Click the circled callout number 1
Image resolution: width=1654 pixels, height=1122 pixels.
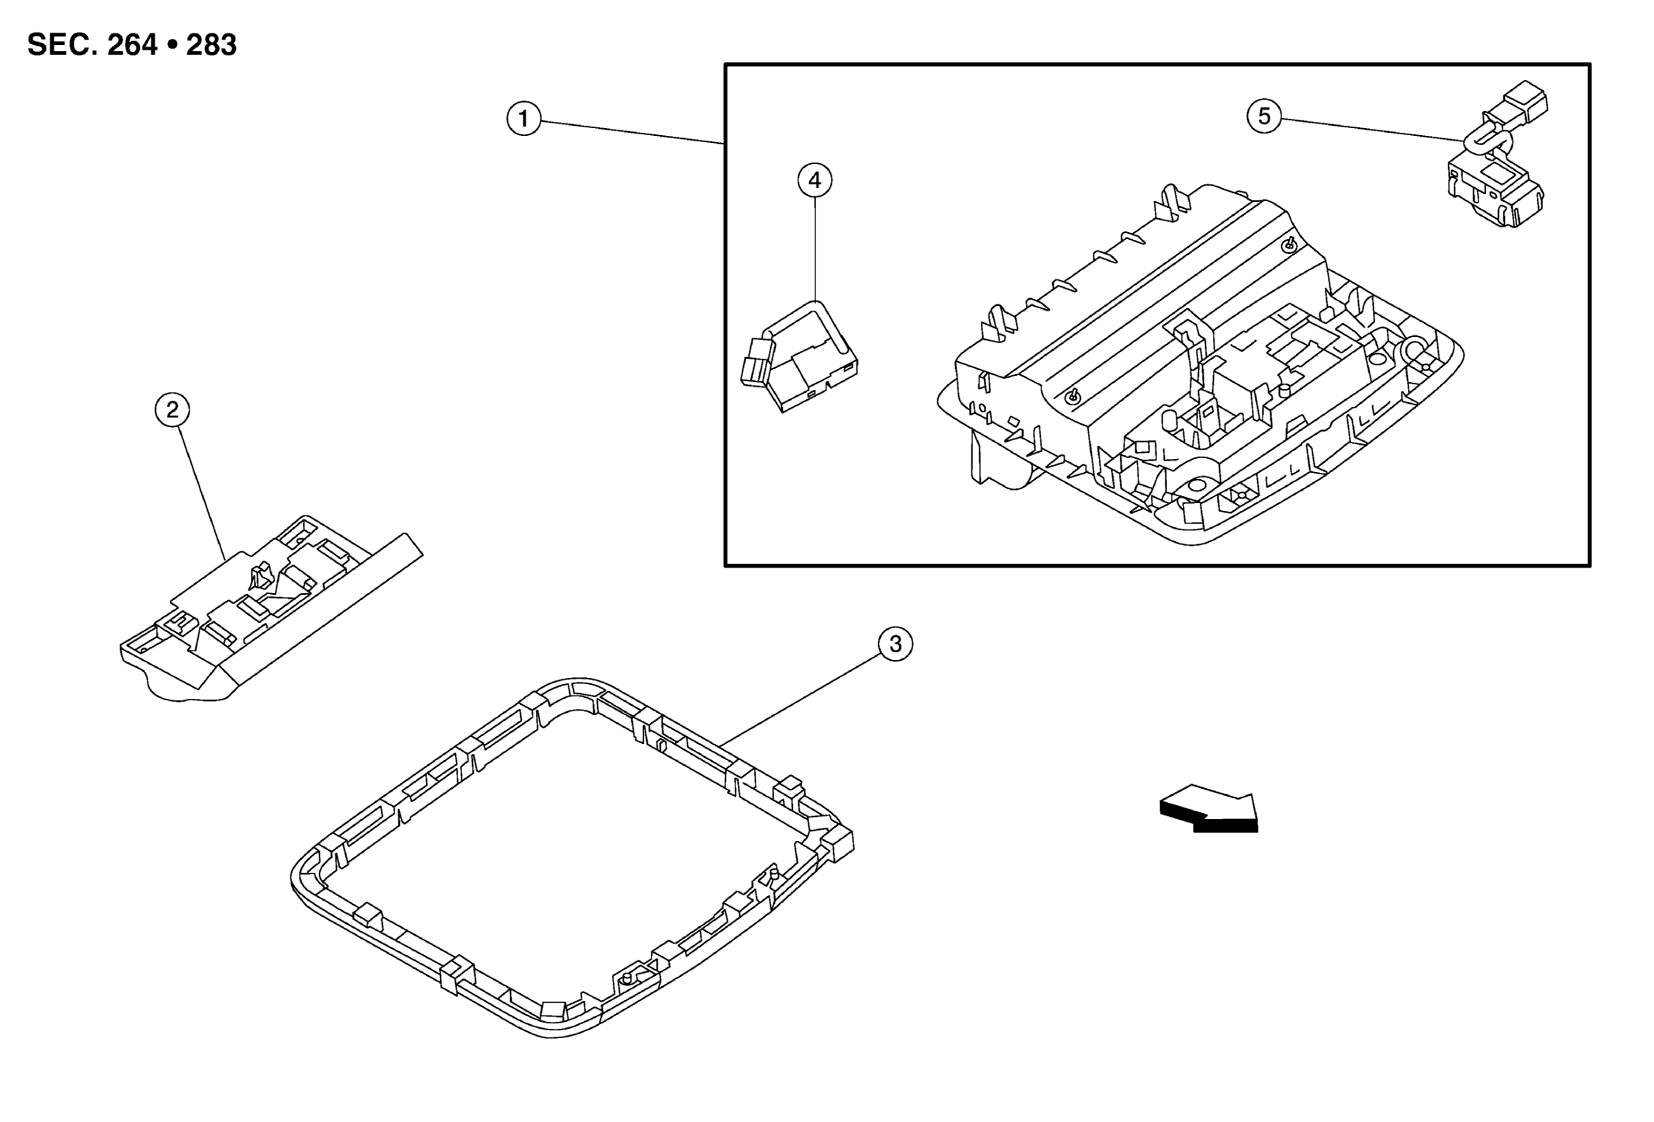tap(523, 120)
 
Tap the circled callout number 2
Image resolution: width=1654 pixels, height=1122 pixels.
tap(172, 409)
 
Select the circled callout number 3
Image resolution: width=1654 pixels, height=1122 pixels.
tap(895, 644)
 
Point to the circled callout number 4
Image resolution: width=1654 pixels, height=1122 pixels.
tap(815, 180)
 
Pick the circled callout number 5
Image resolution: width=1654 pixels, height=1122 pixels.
tap(1264, 116)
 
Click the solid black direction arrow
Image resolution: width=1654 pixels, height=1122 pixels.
tap(1208, 813)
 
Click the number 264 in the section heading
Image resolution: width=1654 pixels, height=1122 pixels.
tap(132, 45)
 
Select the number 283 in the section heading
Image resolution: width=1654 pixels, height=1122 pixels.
tap(211, 45)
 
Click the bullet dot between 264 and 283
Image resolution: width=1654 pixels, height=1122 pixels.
tap(172, 46)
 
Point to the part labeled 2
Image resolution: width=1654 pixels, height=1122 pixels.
tap(271, 609)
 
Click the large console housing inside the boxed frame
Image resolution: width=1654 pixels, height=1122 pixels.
tap(1200, 365)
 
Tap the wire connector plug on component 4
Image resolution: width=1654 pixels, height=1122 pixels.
tap(759, 361)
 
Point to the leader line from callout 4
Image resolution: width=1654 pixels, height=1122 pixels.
tap(815, 248)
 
